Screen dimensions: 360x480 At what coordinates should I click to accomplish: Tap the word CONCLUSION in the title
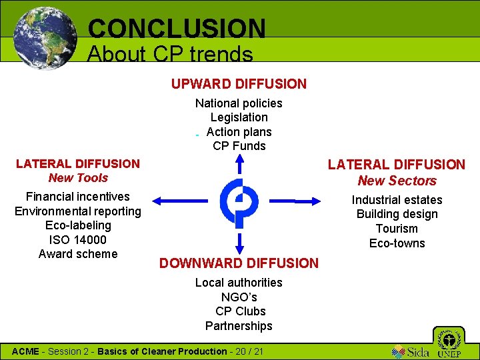pos(177,28)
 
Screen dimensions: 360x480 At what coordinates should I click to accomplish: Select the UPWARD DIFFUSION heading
pos(239,84)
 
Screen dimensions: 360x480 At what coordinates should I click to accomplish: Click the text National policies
pos(239,103)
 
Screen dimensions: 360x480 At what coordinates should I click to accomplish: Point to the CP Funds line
pos(239,146)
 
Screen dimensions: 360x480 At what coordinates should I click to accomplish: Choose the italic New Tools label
pos(78,178)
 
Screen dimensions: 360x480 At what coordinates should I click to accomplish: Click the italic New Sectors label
pos(397,181)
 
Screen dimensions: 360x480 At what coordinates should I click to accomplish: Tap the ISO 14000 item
pos(78,239)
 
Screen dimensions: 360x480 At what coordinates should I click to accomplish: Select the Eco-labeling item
pos(78,225)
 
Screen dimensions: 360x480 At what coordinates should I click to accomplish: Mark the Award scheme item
pos(78,254)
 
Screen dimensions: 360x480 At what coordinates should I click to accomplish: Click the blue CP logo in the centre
pos(239,201)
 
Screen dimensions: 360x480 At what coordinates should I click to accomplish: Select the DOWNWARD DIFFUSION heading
pos(239,263)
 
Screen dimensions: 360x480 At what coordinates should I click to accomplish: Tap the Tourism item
pos(397,229)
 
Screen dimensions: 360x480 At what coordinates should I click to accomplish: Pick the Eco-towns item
pos(397,243)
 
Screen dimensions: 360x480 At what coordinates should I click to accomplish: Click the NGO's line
pos(239,297)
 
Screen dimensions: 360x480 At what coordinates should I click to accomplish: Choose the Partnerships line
pos(239,326)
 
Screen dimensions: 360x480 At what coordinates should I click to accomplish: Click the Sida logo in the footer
pos(411,351)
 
